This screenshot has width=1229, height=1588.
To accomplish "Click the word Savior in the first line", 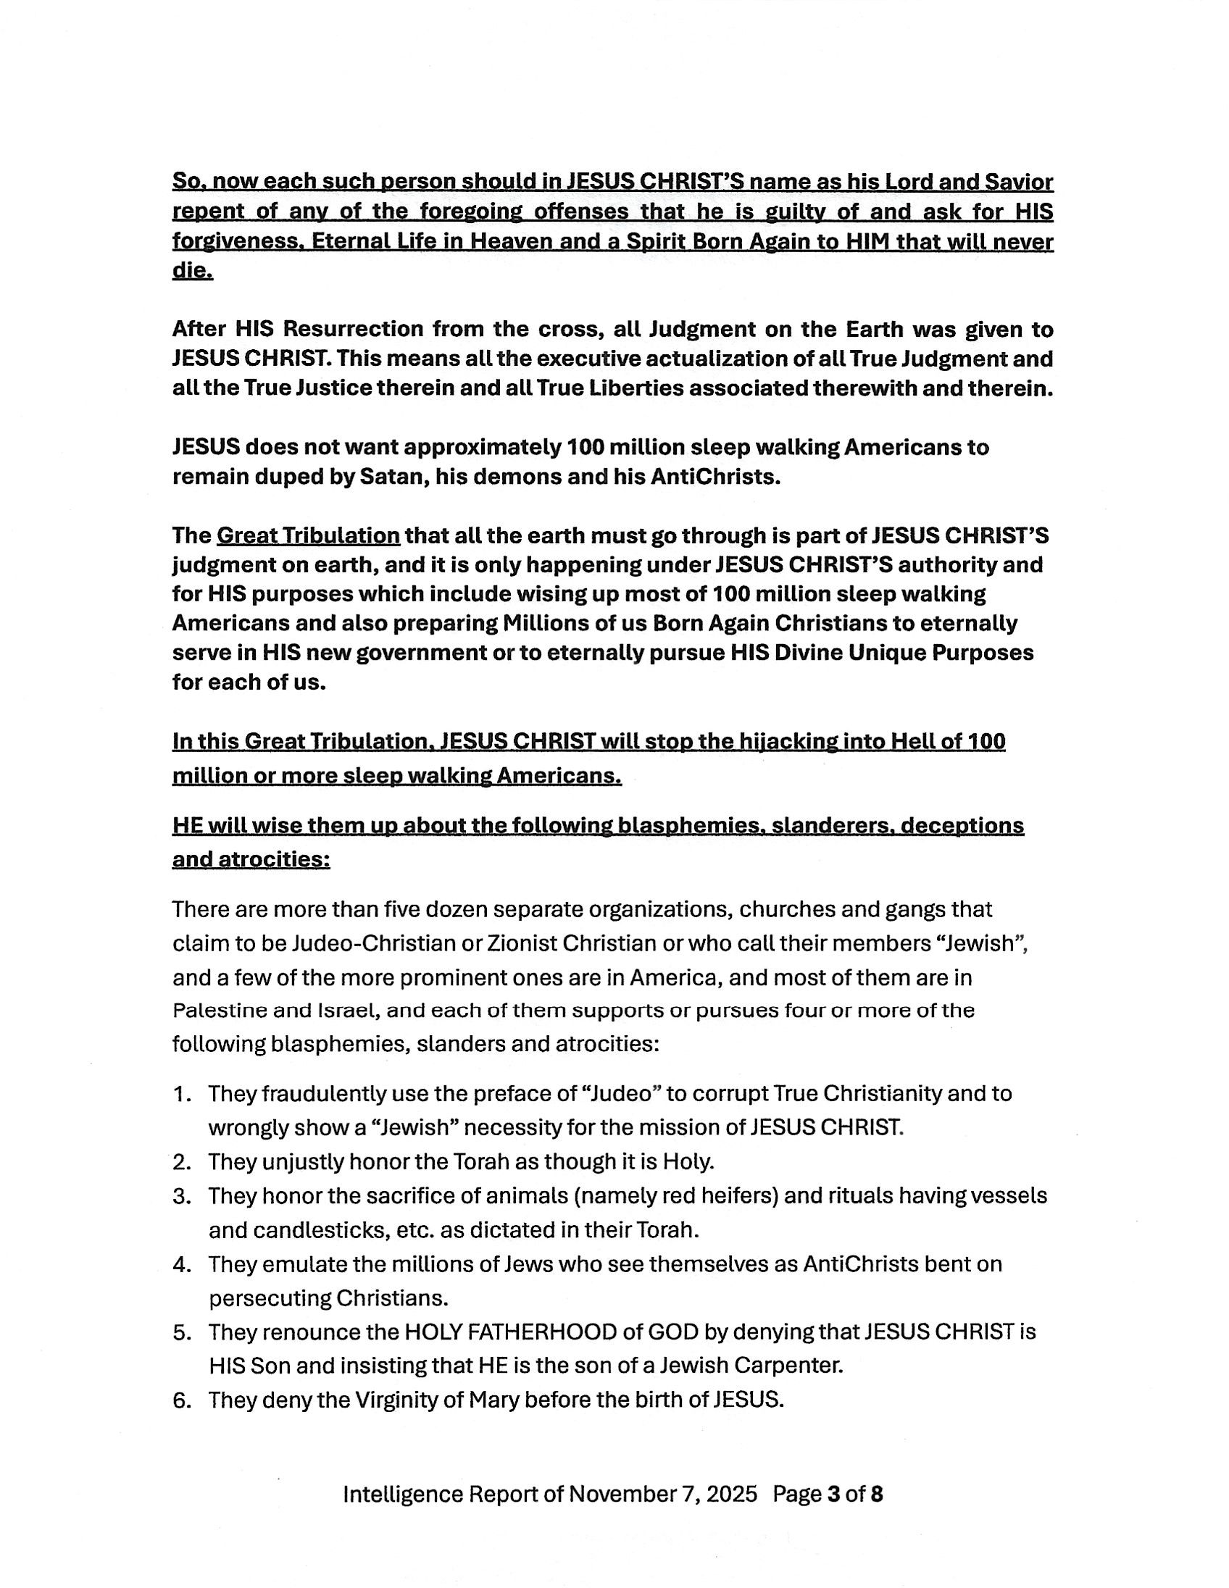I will click(x=1016, y=182).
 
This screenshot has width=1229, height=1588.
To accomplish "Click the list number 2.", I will click(x=182, y=1162).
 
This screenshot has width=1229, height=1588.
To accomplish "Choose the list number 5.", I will click(x=182, y=1332).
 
